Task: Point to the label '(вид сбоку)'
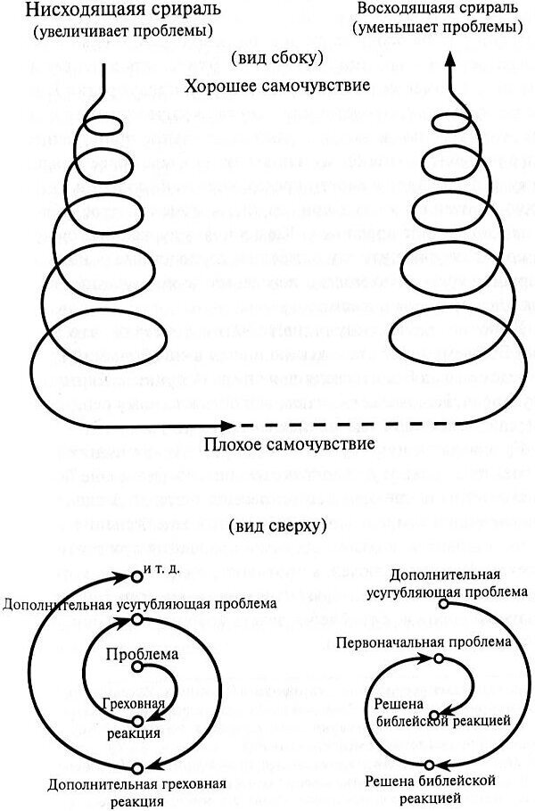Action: [267, 59]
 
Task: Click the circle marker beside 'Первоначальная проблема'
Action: [439, 658]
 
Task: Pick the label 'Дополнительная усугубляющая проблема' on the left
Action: [139, 603]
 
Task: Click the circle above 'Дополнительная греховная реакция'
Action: [136, 767]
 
